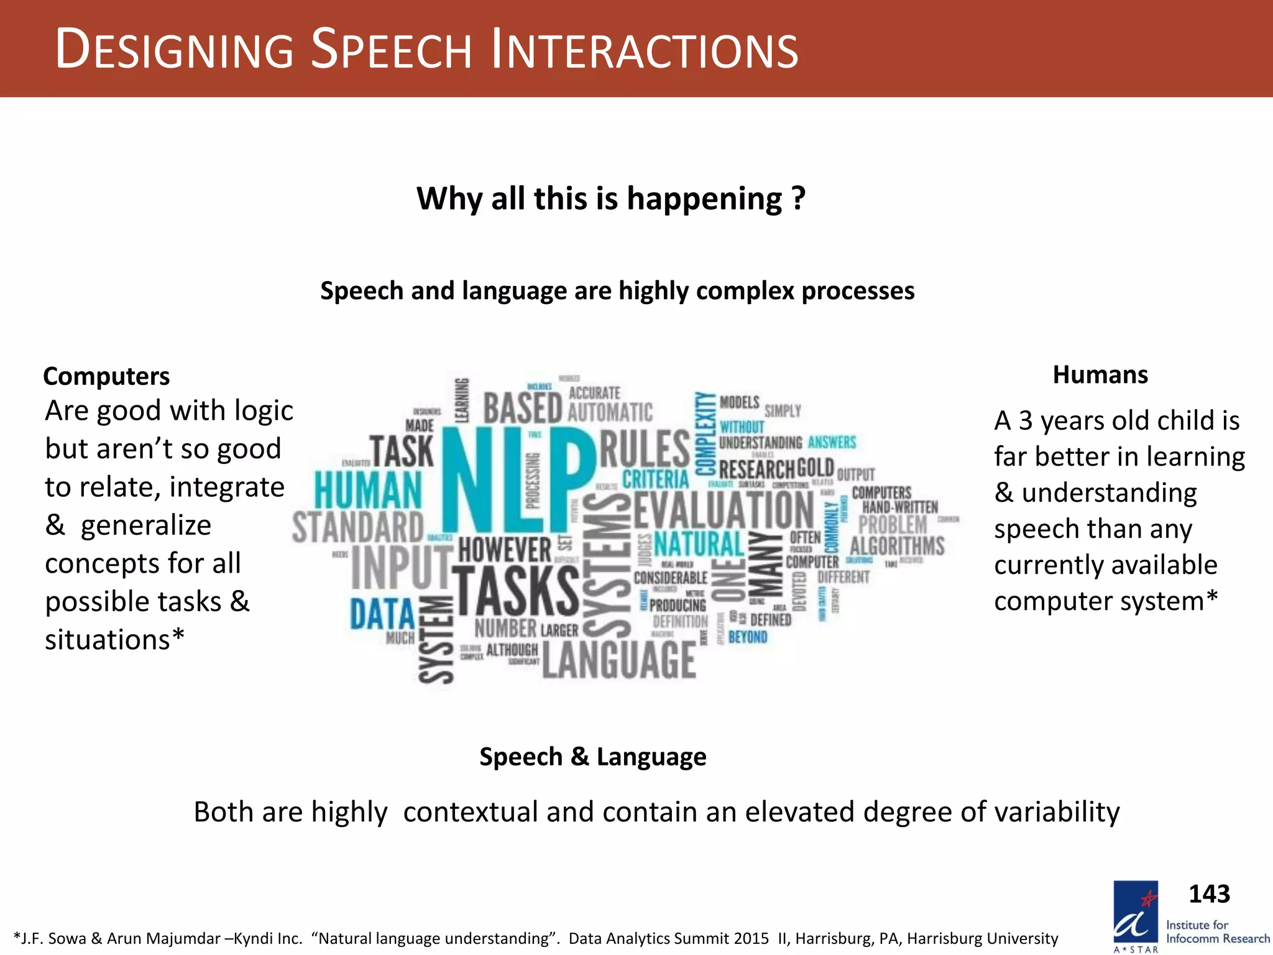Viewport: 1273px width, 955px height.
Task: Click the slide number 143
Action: pyautogui.click(x=1209, y=894)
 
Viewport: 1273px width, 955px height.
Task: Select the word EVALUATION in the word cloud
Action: pyautogui.click(x=724, y=510)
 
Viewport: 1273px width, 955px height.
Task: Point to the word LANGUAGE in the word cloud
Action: pyautogui.click(x=619, y=660)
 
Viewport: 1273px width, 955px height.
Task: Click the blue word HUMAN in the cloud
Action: pyautogui.click(x=368, y=491)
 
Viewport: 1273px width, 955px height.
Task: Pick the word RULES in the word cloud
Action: pyautogui.click(x=645, y=449)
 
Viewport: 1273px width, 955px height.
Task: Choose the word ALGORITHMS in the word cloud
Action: pyautogui.click(x=897, y=547)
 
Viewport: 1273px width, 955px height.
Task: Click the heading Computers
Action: pyautogui.click(x=106, y=377)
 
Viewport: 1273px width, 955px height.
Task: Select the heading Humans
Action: pyautogui.click(x=1100, y=375)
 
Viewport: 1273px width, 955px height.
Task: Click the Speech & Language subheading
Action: pyautogui.click(x=592, y=757)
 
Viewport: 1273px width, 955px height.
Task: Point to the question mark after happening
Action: pyautogui.click(x=799, y=199)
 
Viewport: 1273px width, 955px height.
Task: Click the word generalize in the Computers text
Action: pyautogui.click(x=146, y=525)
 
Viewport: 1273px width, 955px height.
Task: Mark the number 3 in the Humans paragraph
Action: pyautogui.click(x=1026, y=421)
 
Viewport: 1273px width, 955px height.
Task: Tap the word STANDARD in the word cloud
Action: pyautogui.click(x=358, y=527)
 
